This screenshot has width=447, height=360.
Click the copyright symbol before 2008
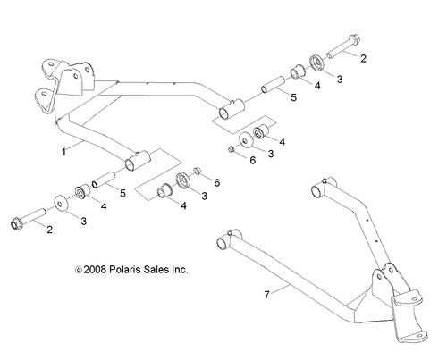click(x=78, y=267)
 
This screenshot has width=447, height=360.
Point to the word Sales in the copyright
click(x=163, y=267)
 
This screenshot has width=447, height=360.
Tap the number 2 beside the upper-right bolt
click(x=363, y=57)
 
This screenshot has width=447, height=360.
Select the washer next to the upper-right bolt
click(x=316, y=63)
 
